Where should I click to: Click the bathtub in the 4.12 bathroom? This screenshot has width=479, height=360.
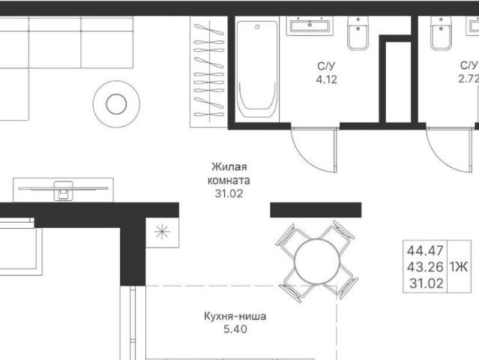257,69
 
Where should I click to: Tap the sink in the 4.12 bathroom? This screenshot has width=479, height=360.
310,25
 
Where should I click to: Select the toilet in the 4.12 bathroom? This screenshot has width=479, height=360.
358,32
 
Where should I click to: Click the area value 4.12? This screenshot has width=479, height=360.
327,79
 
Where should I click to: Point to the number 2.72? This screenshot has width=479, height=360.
469,79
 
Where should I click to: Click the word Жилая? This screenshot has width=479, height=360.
229,166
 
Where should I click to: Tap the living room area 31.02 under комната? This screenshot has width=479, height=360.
229,193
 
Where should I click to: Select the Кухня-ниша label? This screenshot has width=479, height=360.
235,316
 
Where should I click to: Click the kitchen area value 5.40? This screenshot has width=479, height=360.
235,329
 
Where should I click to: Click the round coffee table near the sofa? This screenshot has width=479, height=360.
116,104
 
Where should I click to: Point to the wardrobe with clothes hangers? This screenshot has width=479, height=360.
208,71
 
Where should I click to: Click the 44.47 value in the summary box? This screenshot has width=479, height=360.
425,251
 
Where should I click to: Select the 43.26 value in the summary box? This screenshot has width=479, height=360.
425,267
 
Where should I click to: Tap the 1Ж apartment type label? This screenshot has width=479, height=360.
459,267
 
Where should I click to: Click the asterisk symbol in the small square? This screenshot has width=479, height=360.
162,232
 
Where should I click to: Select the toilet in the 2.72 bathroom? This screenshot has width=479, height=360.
441,32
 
